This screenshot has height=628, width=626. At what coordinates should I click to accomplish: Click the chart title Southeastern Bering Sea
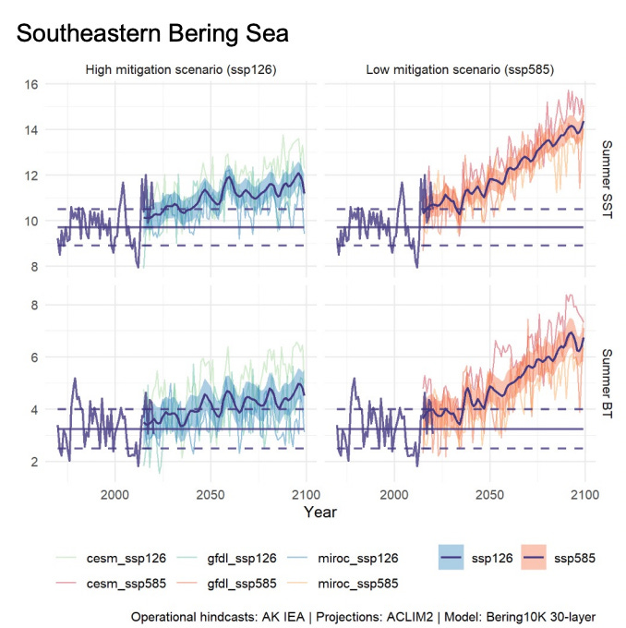click(x=153, y=34)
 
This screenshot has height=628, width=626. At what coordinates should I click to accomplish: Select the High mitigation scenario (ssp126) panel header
click(x=181, y=69)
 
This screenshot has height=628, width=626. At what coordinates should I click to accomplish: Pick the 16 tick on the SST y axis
click(x=33, y=85)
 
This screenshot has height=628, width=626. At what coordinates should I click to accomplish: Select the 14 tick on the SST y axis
click(x=33, y=130)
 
